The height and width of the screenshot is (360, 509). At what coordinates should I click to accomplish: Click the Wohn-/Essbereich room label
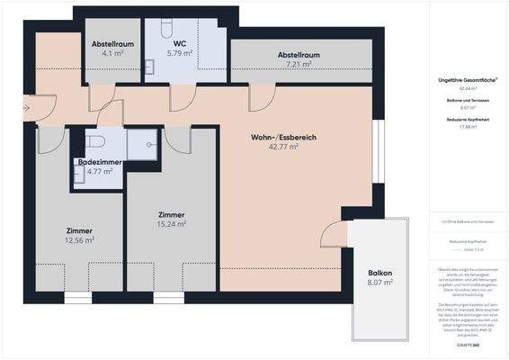click(x=283, y=138)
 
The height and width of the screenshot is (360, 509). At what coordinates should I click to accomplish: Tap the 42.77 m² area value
click(x=283, y=149)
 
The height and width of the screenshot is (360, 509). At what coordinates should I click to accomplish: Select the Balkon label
click(x=380, y=274)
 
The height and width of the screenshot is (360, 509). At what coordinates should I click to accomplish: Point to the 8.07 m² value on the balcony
click(x=380, y=283)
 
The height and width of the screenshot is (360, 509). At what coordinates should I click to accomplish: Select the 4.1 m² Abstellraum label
click(x=112, y=43)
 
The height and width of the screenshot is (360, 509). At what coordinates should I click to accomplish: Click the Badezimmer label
click(x=100, y=162)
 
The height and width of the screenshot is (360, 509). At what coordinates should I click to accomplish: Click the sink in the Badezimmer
click(x=78, y=175)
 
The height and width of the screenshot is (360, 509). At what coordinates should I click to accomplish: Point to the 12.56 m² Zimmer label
click(x=79, y=236)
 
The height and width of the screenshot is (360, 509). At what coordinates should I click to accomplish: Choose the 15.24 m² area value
click(x=171, y=225)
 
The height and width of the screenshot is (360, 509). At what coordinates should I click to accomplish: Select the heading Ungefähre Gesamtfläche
click(x=467, y=80)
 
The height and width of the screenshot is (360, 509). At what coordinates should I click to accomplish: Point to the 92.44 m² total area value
click(x=467, y=89)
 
